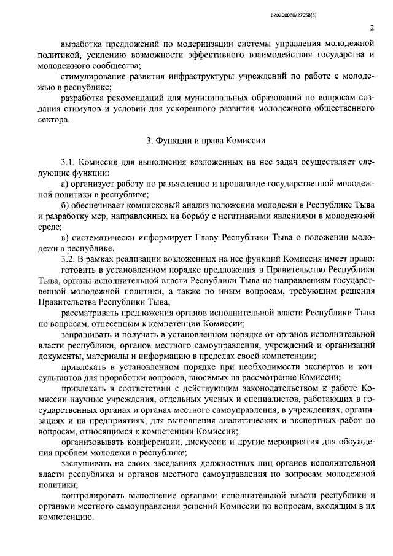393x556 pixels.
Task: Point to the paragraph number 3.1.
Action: [x=68, y=162]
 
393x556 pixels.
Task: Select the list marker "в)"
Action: [x=66, y=237]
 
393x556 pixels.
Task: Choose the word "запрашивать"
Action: [x=85, y=334]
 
